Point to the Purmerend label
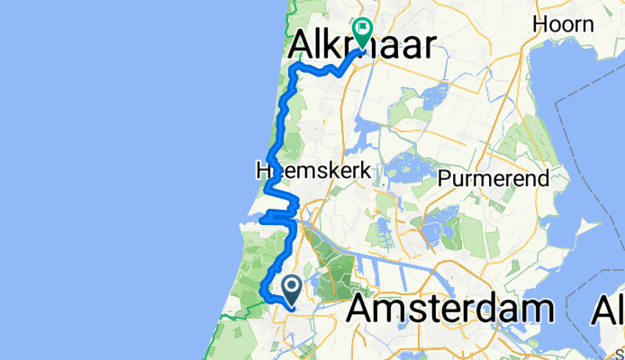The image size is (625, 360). (494, 178)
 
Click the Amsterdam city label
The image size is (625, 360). (449, 310)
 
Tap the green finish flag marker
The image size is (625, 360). (362, 32)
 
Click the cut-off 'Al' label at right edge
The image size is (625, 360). (609, 310)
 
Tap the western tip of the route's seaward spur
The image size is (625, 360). (260, 218)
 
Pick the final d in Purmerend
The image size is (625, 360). (544, 178)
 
